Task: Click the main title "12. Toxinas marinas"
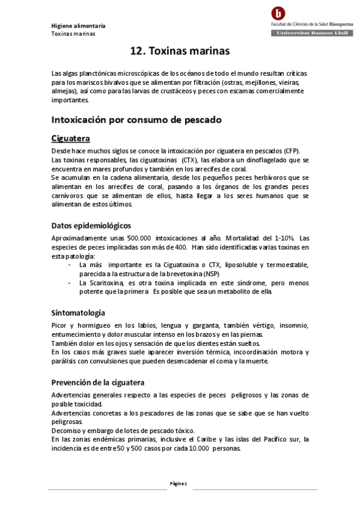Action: click(180, 52)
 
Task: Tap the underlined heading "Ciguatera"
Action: click(71, 139)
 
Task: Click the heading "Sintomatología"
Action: click(78, 313)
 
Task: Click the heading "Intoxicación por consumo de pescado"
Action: click(136, 120)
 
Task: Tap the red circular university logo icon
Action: click(278, 13)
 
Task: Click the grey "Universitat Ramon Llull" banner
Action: click(307, 34)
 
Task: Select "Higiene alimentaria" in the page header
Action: click(78, 26)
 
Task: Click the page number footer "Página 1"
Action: click(179, 484)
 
